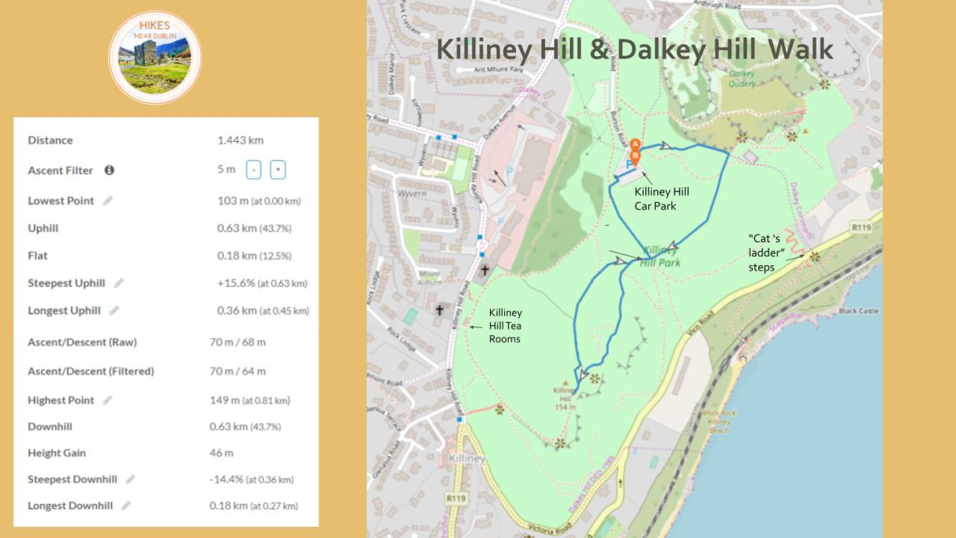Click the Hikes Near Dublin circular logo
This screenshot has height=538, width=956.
[x=155, y=57]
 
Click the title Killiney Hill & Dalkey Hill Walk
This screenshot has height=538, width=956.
[x=634, y=49]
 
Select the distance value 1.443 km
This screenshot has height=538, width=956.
[x=240, y=140]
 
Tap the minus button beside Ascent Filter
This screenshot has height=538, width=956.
[x=253, y=170]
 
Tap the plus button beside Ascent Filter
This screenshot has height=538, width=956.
[x=278, y=170]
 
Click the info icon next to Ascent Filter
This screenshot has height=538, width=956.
[x=110, y=170]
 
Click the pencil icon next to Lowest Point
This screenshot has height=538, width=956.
[x=108, y=201]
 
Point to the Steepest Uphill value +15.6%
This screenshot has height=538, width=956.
[x=236, y=283]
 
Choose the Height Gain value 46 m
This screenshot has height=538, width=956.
[x=222, y=453]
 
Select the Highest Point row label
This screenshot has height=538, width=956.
[x=61, y=400]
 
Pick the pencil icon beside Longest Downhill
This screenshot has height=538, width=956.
[x=126, y=506]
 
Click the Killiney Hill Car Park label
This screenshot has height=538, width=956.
[x=661, y=199]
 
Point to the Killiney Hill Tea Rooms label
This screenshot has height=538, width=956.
[x=505, y=326]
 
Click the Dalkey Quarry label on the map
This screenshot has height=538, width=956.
[x=742, y=78]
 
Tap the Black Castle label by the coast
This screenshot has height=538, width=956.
[x=858, y=311]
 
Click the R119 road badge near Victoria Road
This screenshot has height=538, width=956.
[x=456, y=498]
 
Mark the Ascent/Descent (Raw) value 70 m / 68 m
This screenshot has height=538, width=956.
[x=238, y=342]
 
